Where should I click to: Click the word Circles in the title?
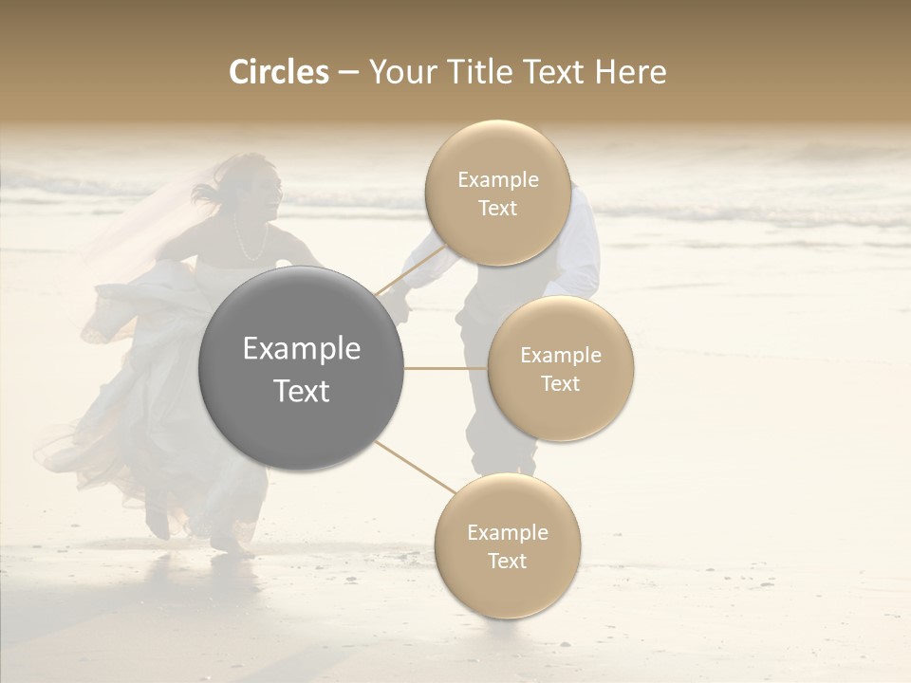(x=278, y=72)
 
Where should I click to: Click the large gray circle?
(x=301, y=368)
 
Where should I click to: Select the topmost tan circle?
(x=497, y=193)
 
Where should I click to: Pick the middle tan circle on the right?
(x=560, y=368)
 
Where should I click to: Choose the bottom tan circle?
(x=507, y=545)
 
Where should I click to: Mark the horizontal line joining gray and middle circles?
(x=445, y=368)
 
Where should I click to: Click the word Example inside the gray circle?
(x=301, y=349)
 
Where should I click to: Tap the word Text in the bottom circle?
(x=507, y=561)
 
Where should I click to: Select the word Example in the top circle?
(x=497, y=179)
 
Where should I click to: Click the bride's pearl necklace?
(x=250, y=245)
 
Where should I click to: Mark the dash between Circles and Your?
(x=348, y=73)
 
